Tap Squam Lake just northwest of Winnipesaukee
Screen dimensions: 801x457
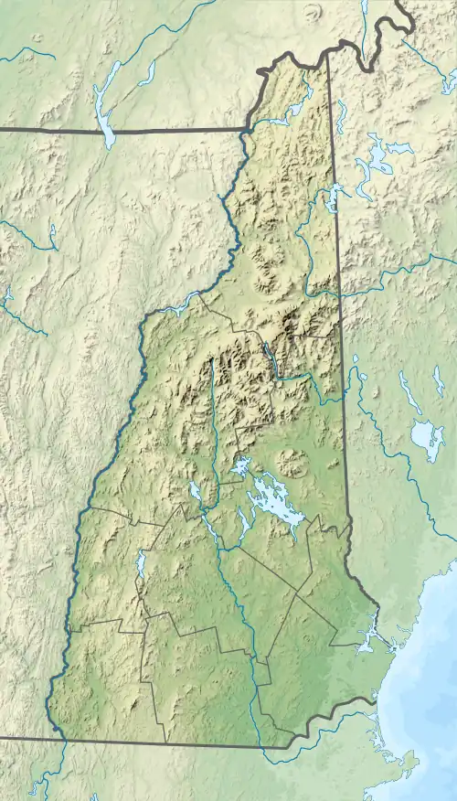click(x=239, y=468)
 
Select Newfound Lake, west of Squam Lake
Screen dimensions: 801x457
click(x=196, y=492)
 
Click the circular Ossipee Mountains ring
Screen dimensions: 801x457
click(x=292, y=463)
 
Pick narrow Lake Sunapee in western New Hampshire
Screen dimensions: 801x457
click(x=141, y=567)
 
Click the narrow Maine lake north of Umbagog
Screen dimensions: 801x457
click(x=340, y=116)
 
